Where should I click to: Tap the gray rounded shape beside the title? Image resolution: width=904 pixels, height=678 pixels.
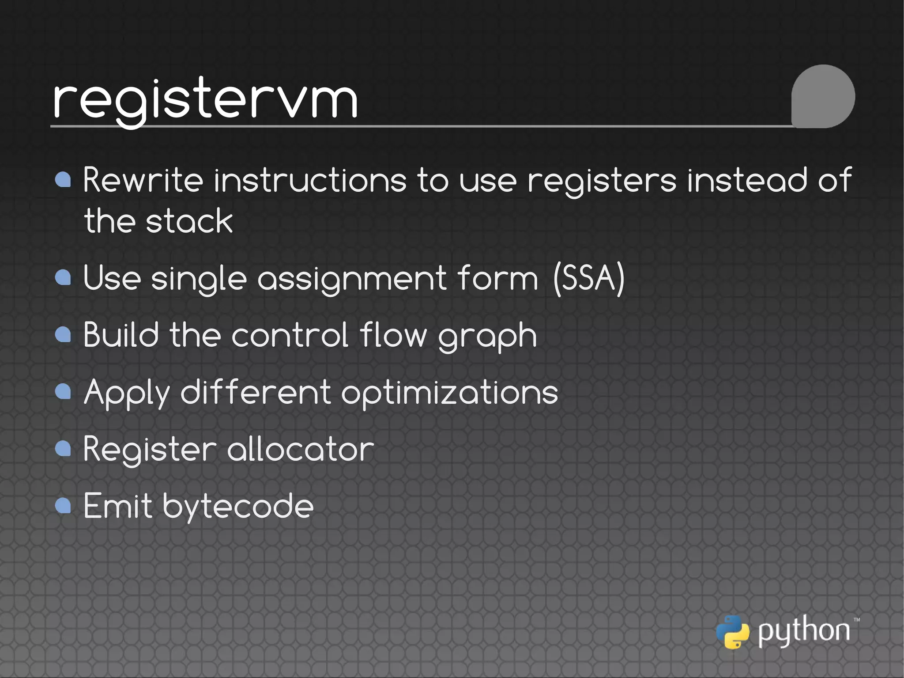point(823,96)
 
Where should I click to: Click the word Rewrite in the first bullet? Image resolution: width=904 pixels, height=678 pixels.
point(143,181)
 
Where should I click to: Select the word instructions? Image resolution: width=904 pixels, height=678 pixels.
point(310,181)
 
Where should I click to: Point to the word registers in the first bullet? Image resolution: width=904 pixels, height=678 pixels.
point(602,181)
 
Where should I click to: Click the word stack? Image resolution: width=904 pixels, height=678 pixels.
point(189,221)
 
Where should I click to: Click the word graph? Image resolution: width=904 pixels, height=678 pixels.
point(487,336)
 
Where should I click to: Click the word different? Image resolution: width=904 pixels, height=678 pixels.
point(256,392)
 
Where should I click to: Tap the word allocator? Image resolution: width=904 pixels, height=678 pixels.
point(300,449)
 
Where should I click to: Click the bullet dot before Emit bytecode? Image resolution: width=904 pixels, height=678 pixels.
point(64,506)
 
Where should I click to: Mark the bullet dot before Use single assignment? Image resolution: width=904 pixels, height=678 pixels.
point(64,277)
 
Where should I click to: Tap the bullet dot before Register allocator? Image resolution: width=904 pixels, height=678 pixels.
point(64,449)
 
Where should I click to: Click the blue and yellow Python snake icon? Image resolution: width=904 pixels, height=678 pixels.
point(732,632)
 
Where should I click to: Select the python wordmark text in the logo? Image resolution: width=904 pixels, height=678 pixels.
point(804,631)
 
